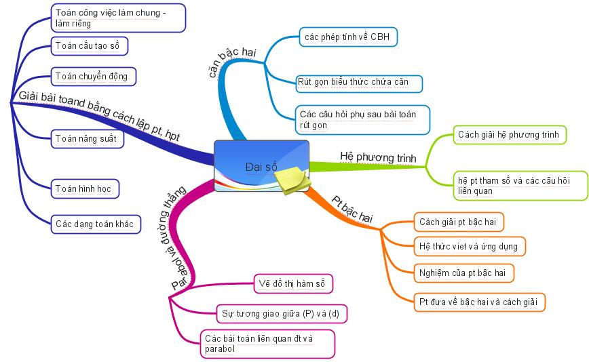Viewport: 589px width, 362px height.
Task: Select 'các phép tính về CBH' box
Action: click(348, 37)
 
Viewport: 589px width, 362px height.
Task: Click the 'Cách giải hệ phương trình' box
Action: click(509, 135)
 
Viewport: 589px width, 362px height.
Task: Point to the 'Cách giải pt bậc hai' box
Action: click(459, 222)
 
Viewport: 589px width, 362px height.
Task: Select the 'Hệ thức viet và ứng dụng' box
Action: click(470, 245)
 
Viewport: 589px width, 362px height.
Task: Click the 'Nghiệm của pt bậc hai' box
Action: click(463, 273)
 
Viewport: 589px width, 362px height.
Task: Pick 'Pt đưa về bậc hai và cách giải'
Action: click(480, 302)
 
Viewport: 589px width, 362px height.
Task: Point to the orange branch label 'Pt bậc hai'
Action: click(352, 209)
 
